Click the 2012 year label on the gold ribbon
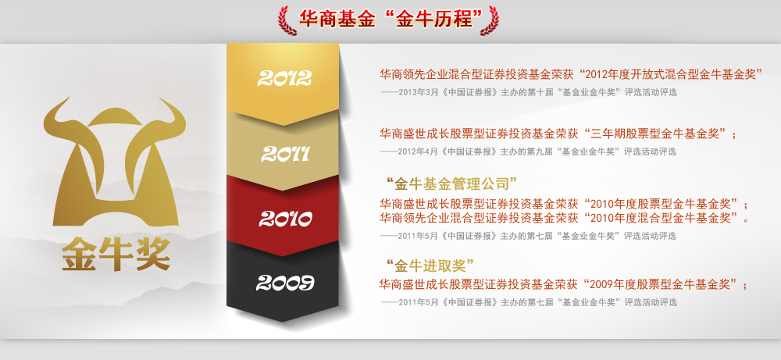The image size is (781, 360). (284, 77)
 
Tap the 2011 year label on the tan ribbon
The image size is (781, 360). (285, 154)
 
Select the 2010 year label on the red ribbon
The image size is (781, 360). (285, 219)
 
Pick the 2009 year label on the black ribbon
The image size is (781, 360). (285, 283)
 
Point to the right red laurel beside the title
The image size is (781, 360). (490, 20)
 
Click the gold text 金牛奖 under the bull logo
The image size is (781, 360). (116, 255)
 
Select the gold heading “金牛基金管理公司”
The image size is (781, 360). (451, 184)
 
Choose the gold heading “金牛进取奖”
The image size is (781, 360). (430, 266)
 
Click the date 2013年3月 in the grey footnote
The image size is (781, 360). (417, 93)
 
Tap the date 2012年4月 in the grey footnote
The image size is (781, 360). (417, 151)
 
